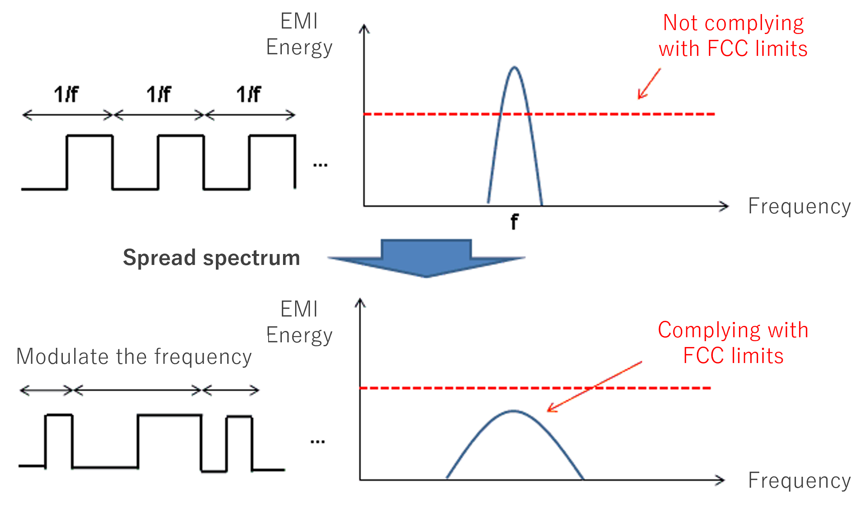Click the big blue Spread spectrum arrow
click(x=426, y=258)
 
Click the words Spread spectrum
click(x=211, y=258)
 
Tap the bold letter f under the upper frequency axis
click(x=515, y=222)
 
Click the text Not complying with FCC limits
click(x=733, y=36)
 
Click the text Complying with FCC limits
click(x=733, y=343)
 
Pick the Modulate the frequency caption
click(x=134, y=357)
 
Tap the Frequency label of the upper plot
click(x=799, y=206)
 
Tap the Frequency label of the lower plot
click(x=799, y=481)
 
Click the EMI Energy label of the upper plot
click(x=299, y=34)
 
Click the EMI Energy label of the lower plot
click(x=299, y=322)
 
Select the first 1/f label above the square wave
click(x=66, y=95)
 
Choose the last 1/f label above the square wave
click(x=249, y=95)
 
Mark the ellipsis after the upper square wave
click(x=320, y=165)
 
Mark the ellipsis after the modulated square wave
click(x=317, y=442)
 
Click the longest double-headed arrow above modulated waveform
click(x=137, y=390)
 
